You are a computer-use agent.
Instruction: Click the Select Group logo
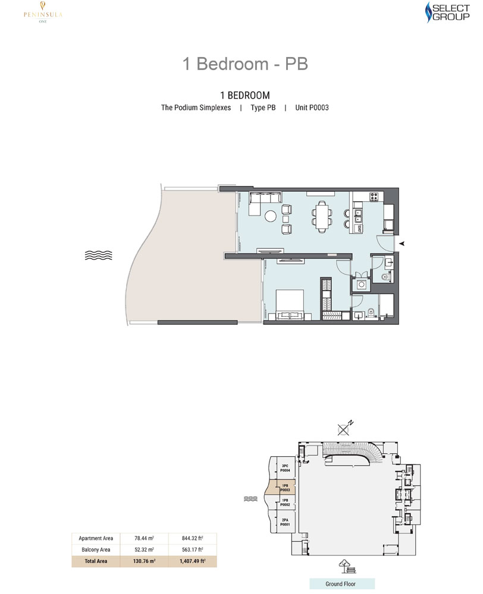447,14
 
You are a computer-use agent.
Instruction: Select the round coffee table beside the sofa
271,216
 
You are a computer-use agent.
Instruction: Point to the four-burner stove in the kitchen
375,197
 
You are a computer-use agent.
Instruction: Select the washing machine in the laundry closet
360,285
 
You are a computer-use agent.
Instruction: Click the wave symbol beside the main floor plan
98,255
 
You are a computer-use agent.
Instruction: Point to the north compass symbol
344,428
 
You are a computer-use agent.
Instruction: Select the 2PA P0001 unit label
284,522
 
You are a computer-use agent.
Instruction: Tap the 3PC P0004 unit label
285,467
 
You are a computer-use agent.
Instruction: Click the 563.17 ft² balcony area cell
193,549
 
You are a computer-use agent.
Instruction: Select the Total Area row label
95,561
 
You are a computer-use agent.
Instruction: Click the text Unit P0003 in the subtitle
312,108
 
